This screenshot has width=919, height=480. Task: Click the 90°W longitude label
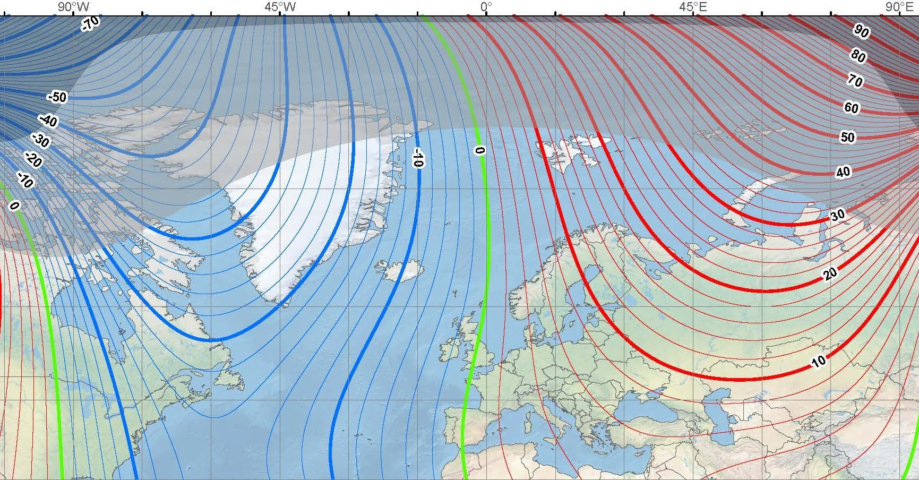74,7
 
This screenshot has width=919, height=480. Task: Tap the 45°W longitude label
280,7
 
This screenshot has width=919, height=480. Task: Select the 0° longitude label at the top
486,7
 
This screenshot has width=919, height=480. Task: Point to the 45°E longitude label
693,7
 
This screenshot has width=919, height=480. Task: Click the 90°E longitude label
898,7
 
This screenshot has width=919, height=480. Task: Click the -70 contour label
91,23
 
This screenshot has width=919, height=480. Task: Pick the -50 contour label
57,97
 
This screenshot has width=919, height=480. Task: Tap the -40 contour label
49,121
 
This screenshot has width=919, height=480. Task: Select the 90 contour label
861,31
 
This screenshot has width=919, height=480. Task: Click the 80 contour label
858,55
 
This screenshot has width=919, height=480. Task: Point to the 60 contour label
851,108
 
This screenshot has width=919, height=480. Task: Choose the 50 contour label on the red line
847,138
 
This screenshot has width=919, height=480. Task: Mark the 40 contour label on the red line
843,172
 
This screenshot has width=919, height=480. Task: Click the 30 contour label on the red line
837,216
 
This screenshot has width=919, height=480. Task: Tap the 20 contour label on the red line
830,274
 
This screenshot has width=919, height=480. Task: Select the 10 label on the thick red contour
818,362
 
